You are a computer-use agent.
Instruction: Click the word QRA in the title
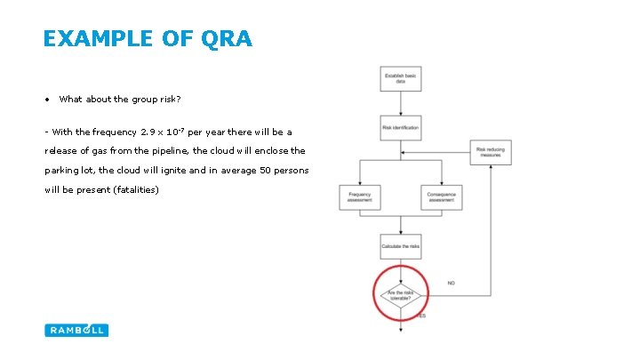tap(228, 38)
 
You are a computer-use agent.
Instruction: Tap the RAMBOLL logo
tap(76, 330)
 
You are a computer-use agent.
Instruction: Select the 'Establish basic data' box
tap(400, 78)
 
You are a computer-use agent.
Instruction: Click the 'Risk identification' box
tap(400, 128)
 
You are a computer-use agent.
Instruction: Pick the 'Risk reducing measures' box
tap(490, 152)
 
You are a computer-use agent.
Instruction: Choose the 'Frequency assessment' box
tap(359, 197)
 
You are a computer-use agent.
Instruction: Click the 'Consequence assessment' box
tap(442, 197)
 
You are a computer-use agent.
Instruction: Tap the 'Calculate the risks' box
tap(400, 247)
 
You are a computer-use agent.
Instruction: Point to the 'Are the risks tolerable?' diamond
tap(401, 294)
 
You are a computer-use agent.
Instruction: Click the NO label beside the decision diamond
tap(451, 284)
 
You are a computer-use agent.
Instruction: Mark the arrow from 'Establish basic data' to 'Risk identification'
tap(400, 103)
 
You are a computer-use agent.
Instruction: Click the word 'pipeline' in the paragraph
tap(168, 151)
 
